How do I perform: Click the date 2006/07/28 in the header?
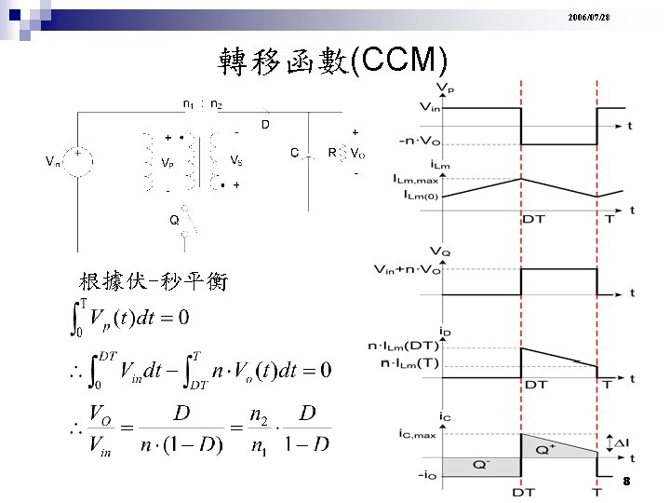[615, 19]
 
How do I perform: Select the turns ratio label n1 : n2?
[202, 104]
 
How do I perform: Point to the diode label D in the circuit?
[265, 124]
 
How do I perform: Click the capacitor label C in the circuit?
[294, 152]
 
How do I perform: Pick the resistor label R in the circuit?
[332, 152]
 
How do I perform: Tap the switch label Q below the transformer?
[174, 221]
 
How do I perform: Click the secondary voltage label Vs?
[237, 160]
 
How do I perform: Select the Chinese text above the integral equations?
[154, 281]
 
